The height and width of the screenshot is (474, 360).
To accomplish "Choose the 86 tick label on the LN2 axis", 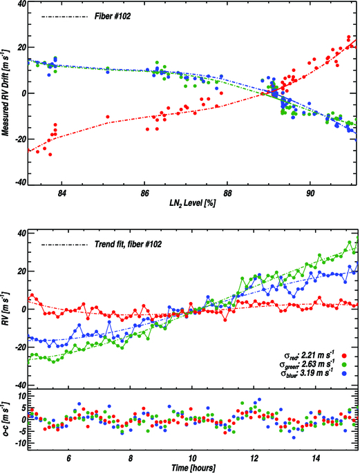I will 144,193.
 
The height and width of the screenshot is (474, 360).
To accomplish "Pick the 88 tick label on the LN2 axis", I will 227,193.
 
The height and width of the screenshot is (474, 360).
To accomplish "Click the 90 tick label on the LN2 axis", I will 310,193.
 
